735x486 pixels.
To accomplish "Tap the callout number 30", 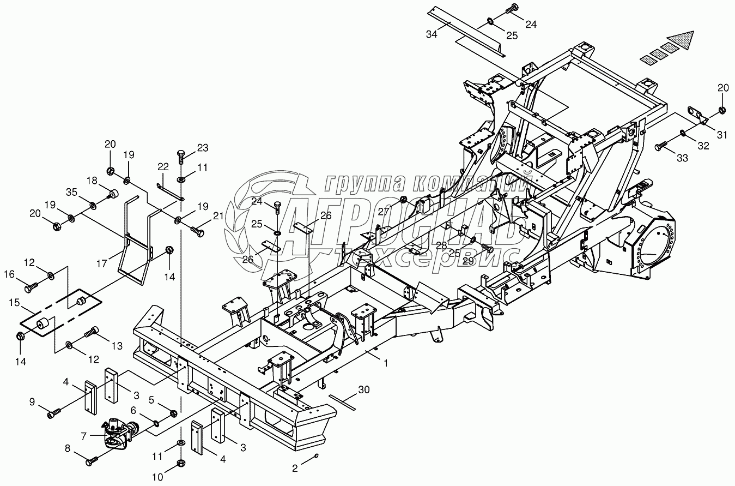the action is pos(364,389).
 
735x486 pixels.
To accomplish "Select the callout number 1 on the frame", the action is pos(386,363).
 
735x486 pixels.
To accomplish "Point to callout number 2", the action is pos(295,468).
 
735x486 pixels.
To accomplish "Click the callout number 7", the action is pos(83,436).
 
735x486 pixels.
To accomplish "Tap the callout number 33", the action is pos(683,158).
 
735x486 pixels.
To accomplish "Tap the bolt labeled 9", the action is pos(52,415).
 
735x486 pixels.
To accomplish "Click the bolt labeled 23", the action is pos(181,156).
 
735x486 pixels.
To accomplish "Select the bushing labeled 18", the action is pos(114,194).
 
